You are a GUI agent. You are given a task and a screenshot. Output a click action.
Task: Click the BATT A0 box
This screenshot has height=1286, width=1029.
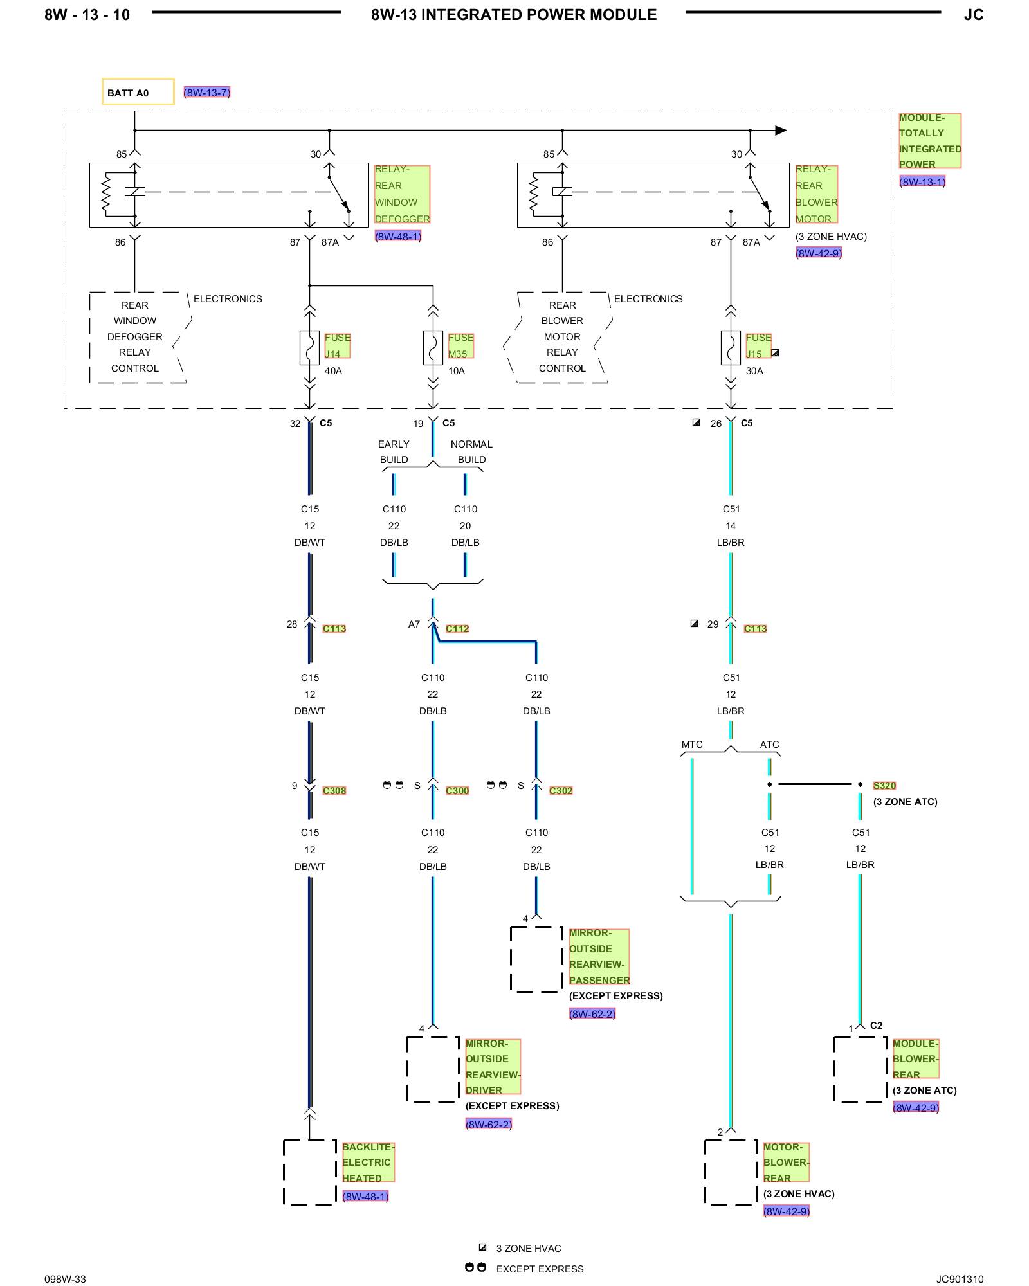138,92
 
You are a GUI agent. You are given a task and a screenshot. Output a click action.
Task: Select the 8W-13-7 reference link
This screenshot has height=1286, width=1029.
207,93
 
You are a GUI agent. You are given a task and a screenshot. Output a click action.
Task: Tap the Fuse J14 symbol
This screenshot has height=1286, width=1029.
309,348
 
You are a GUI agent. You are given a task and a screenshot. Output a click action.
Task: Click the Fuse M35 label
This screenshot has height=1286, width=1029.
460,345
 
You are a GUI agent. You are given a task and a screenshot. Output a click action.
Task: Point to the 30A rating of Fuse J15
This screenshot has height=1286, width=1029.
754,371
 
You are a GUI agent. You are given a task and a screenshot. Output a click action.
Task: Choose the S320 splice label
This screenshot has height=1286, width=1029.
884,786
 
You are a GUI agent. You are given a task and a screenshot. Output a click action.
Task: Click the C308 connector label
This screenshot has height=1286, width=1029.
334,791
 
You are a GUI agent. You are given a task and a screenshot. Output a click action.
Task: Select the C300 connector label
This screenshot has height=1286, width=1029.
457,791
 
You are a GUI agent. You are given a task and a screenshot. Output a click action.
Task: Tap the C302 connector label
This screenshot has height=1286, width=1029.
561,791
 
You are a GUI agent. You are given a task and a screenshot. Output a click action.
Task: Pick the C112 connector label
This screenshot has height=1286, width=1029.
457,629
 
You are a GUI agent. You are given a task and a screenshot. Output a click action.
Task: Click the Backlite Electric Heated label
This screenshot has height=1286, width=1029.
368,1163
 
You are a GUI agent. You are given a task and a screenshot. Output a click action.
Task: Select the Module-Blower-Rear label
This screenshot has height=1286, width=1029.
916,1059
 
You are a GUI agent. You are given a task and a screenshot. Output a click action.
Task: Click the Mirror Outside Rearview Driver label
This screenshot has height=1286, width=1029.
493,1067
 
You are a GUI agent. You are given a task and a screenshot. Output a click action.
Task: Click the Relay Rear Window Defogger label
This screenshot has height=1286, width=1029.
402,194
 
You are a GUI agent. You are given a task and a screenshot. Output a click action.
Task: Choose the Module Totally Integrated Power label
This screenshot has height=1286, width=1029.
930,141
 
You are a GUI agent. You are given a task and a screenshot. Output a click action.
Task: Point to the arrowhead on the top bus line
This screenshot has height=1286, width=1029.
781,131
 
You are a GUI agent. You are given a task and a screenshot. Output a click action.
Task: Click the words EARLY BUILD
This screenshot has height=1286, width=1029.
394,452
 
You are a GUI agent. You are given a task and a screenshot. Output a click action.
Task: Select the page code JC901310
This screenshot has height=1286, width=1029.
960,1279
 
